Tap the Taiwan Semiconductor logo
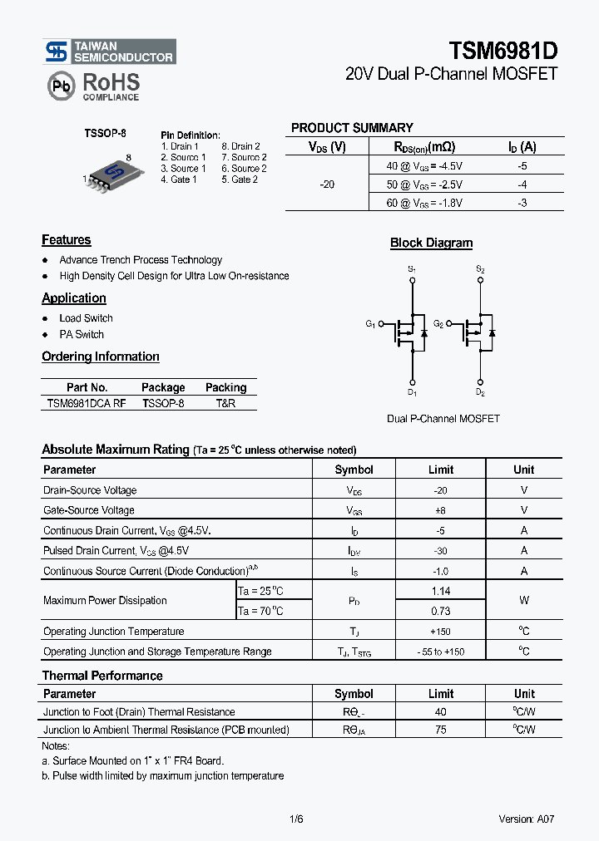click(x=109, y=52)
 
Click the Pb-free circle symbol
click(x=60, y=86)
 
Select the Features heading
click(x=67, y=240)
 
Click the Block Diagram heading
click(x=431, y=243)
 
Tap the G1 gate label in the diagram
click(x=370, y=324)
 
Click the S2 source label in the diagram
click(x=480, y=269)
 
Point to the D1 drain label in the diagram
click(x=412, y=391)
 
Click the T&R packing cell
click(x=225, y=402)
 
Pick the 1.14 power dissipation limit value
click(x=441, y=591)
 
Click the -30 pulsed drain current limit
click(x=441, y=550)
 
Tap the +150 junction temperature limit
click(x=441, y=632)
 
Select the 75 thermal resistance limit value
click(x=441, y=730)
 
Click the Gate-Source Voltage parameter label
click(x=89, y=510)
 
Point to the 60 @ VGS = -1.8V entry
click(x=424, y=202)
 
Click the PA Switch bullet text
click(x=82, y=335)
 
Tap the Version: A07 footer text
click(x=526, y=819)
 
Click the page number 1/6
click(x=296, y=819)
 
